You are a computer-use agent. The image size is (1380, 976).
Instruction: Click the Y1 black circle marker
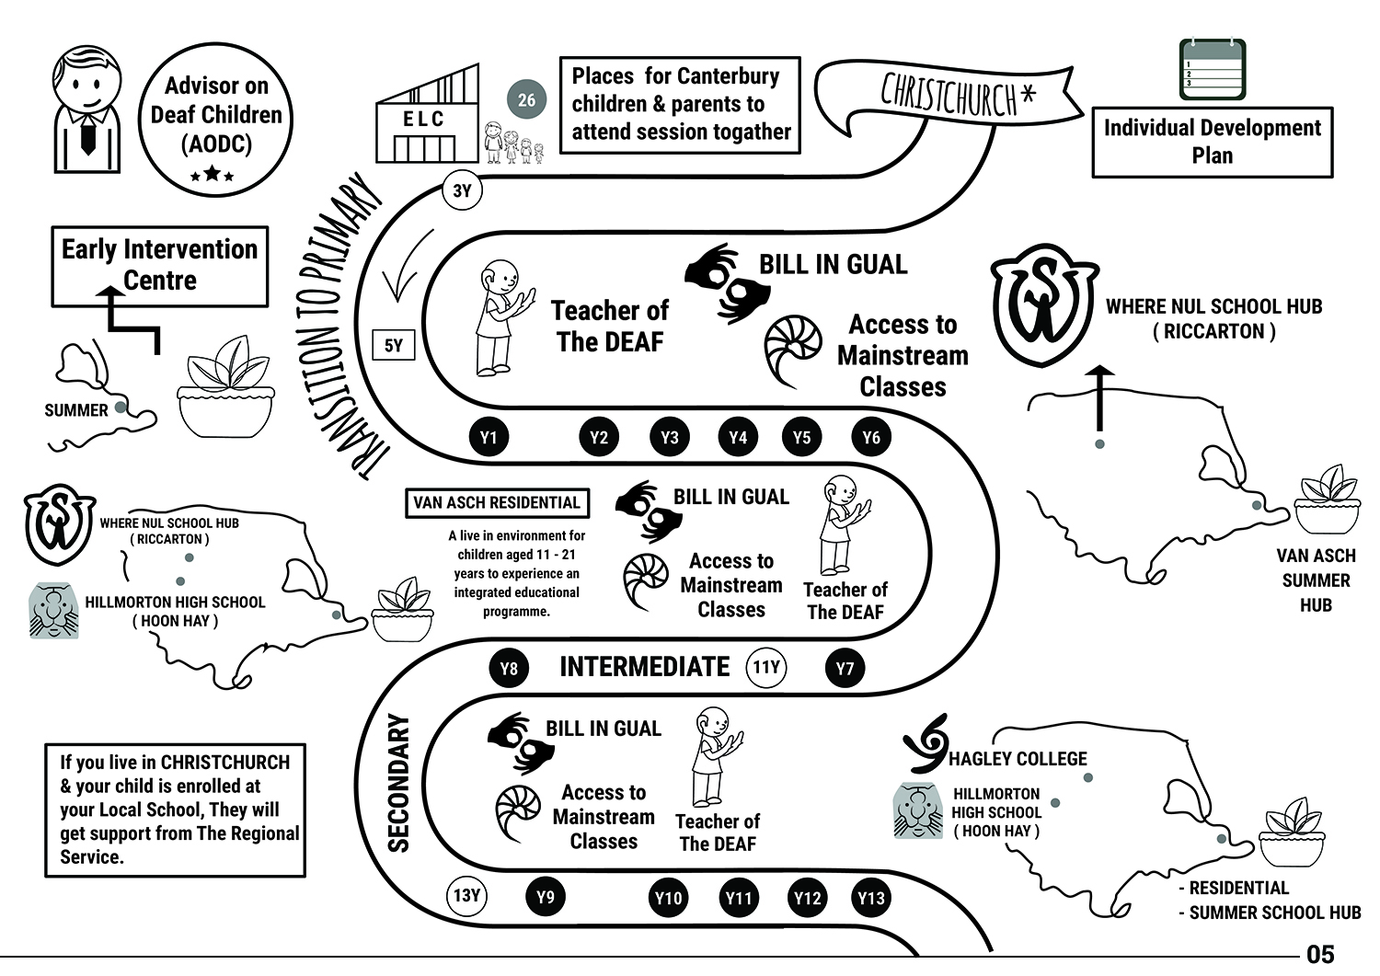(x=489, y=437)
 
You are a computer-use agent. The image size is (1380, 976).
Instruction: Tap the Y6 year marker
(x=870, y=437)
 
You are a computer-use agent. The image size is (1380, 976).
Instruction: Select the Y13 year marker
(x=870, y=898)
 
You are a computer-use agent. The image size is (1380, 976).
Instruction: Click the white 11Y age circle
(x=766, y=667)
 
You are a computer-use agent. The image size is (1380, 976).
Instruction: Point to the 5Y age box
(x=393, y=346)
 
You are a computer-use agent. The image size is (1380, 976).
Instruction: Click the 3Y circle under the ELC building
(x=462, y=191)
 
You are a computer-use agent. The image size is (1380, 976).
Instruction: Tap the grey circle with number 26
(x=526, y=99)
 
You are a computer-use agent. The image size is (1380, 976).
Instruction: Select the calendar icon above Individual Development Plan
(x=1213, y=69)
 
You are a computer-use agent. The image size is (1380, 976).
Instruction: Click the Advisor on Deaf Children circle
(x=216, y=120)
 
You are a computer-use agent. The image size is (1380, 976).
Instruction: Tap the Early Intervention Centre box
(x=159, y=266)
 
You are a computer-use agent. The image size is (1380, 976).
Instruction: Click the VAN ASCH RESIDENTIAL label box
(x=497, y=503)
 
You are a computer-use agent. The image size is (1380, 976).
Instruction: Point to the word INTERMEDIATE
(x=644, y=667)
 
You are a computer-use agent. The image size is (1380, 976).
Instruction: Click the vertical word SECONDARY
(x=398, y=783)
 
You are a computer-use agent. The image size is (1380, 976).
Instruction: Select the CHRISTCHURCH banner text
(x=957, y=94)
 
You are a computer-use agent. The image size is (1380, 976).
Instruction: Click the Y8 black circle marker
(x=509, y=668)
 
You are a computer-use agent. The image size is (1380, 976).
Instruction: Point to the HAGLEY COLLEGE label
(x=1018, y=759)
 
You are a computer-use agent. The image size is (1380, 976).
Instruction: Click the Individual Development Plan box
(x=1212, y=142)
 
